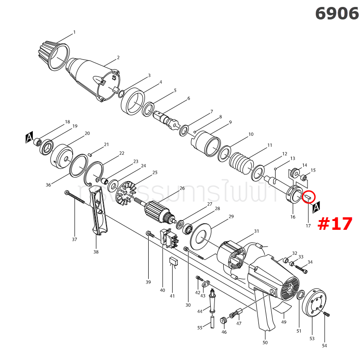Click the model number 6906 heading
click(x=337, y=13)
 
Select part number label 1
click(x=74, y=32)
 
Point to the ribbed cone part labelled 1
click(x=51, y=54)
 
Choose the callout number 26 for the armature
click(x=182, y=188)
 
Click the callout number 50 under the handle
click(x=265, y=342)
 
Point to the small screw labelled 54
click(x=327, y=315)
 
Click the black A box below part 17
click(x=317, y=207)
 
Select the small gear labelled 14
click(x=293, y=175)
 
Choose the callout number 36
click(x=49, y=185)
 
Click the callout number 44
click(x=200, y=311)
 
